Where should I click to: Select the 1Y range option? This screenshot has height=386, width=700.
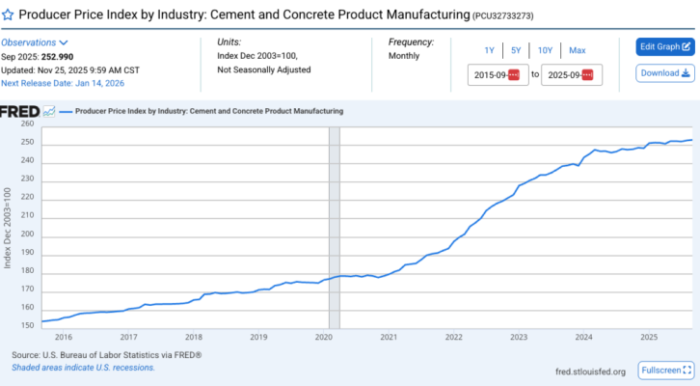(x=489, y=50)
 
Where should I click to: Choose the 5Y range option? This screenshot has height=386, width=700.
(x=516, y=50)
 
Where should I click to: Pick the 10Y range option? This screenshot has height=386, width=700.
(x=545, y=50)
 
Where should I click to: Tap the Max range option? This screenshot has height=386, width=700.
(x=577, y=50)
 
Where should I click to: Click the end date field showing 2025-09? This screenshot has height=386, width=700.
(x=571, y=74)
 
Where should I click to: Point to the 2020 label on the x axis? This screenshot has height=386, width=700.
(x=324, y=337)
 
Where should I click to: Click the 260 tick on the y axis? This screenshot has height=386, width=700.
(x=27, y=124)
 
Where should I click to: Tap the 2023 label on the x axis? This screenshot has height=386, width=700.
(x=519, y=337)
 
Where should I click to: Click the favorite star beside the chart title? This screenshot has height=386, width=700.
(x=9, y=15)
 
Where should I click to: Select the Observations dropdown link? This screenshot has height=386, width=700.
(x=34, y=42)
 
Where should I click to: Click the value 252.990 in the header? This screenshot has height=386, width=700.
(x=62, y=56)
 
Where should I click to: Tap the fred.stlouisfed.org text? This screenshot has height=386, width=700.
(x=590, y=372)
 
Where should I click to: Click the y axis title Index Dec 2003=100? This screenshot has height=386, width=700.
(x=8, y=228)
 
